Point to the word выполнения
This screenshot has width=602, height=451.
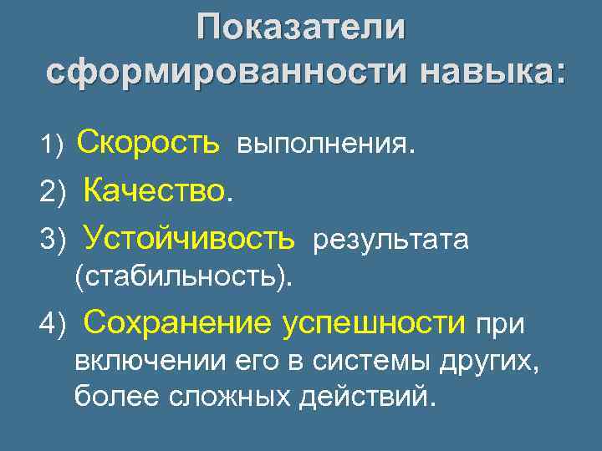325,145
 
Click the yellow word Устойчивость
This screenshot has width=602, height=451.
189,239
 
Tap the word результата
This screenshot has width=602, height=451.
391,241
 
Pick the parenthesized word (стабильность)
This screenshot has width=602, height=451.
184,276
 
